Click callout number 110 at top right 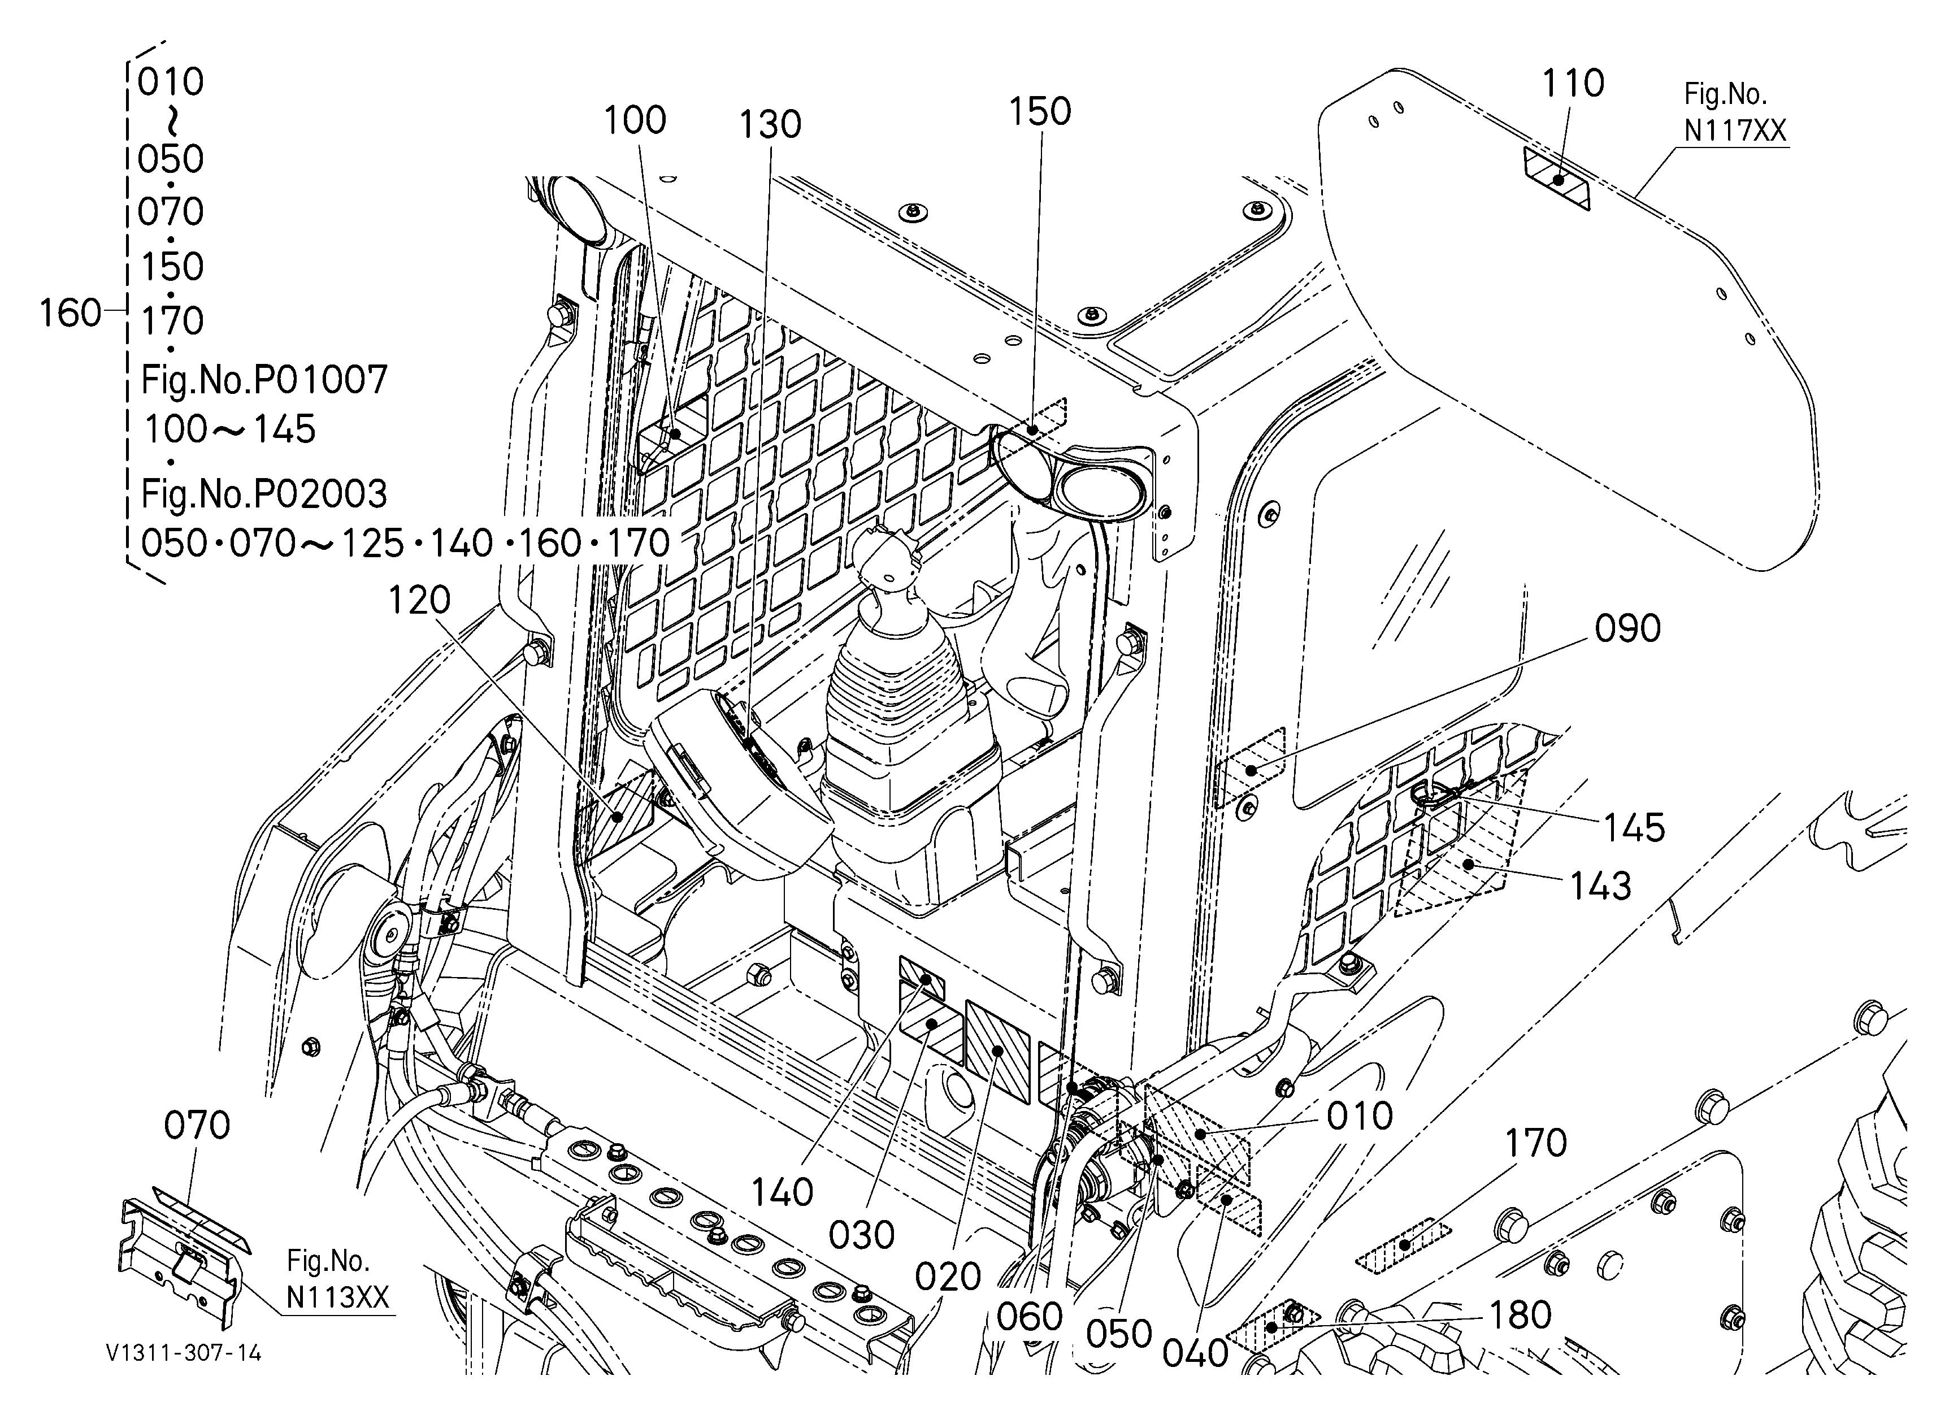coord(1573,83)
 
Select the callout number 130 coord(771,124)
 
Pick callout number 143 coord(1600,886)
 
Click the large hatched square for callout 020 coord(998,1052)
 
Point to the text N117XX coord(1735,131)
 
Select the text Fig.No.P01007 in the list coord(264,379)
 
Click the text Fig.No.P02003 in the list coord(264,494)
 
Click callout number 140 coord(782,1192)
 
